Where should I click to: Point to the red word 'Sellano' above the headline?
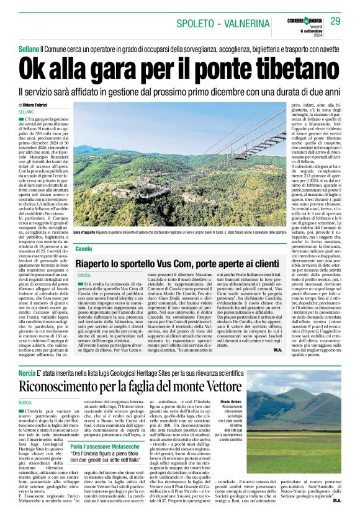29,48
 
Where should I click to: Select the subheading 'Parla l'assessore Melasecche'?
106,446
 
